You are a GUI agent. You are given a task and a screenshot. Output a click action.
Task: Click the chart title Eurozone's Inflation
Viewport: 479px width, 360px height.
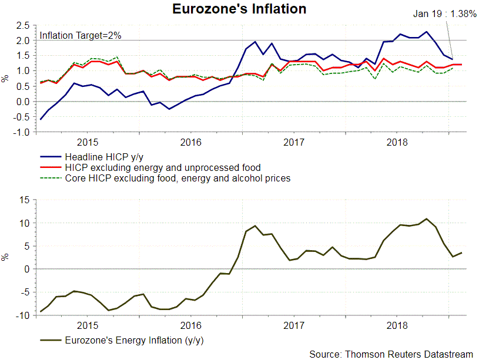click(x=239, y=9)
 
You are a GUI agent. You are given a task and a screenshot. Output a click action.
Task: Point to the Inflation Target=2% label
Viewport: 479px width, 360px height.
click(x=81, y=35)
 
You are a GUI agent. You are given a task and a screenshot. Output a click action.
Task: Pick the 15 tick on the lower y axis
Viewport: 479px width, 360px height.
click(x=25, y=200)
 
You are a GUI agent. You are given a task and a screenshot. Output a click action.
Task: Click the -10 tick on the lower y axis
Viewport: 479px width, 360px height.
click(x=23, y=315)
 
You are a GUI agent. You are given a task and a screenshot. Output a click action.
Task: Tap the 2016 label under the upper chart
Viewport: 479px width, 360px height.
click(x=190, y=142)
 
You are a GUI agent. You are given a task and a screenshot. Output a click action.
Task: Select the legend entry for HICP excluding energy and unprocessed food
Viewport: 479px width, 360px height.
click(x=159, y=167)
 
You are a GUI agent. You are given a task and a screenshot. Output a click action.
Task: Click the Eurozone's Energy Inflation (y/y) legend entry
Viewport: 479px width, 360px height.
click(x=129, y=340)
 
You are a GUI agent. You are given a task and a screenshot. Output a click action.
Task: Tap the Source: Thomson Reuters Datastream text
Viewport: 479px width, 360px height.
click(x=391, y=354)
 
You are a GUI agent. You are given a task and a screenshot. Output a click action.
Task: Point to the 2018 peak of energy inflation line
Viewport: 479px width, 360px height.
click(x=427, y=219)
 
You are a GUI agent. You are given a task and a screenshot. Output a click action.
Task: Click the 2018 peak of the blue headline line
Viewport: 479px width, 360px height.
click(x=426, y=32)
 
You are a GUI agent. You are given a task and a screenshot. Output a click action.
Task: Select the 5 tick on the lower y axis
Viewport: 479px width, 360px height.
click(x=26, y=246)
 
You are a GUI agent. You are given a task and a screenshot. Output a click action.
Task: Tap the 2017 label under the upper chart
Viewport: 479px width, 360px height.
click(x=293, y=142)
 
